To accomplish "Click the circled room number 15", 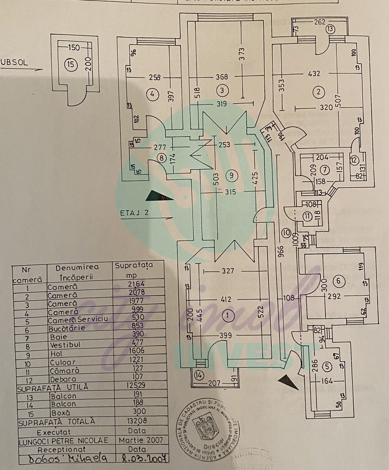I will pyautogui.click(x=71, y=65).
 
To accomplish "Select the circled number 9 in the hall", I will pyautogui.click(x=231, y=175).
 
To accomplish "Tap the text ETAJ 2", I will pyautogui.click(x=135, y=213).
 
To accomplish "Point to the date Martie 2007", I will pyautogui.click(x=140, y=440).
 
